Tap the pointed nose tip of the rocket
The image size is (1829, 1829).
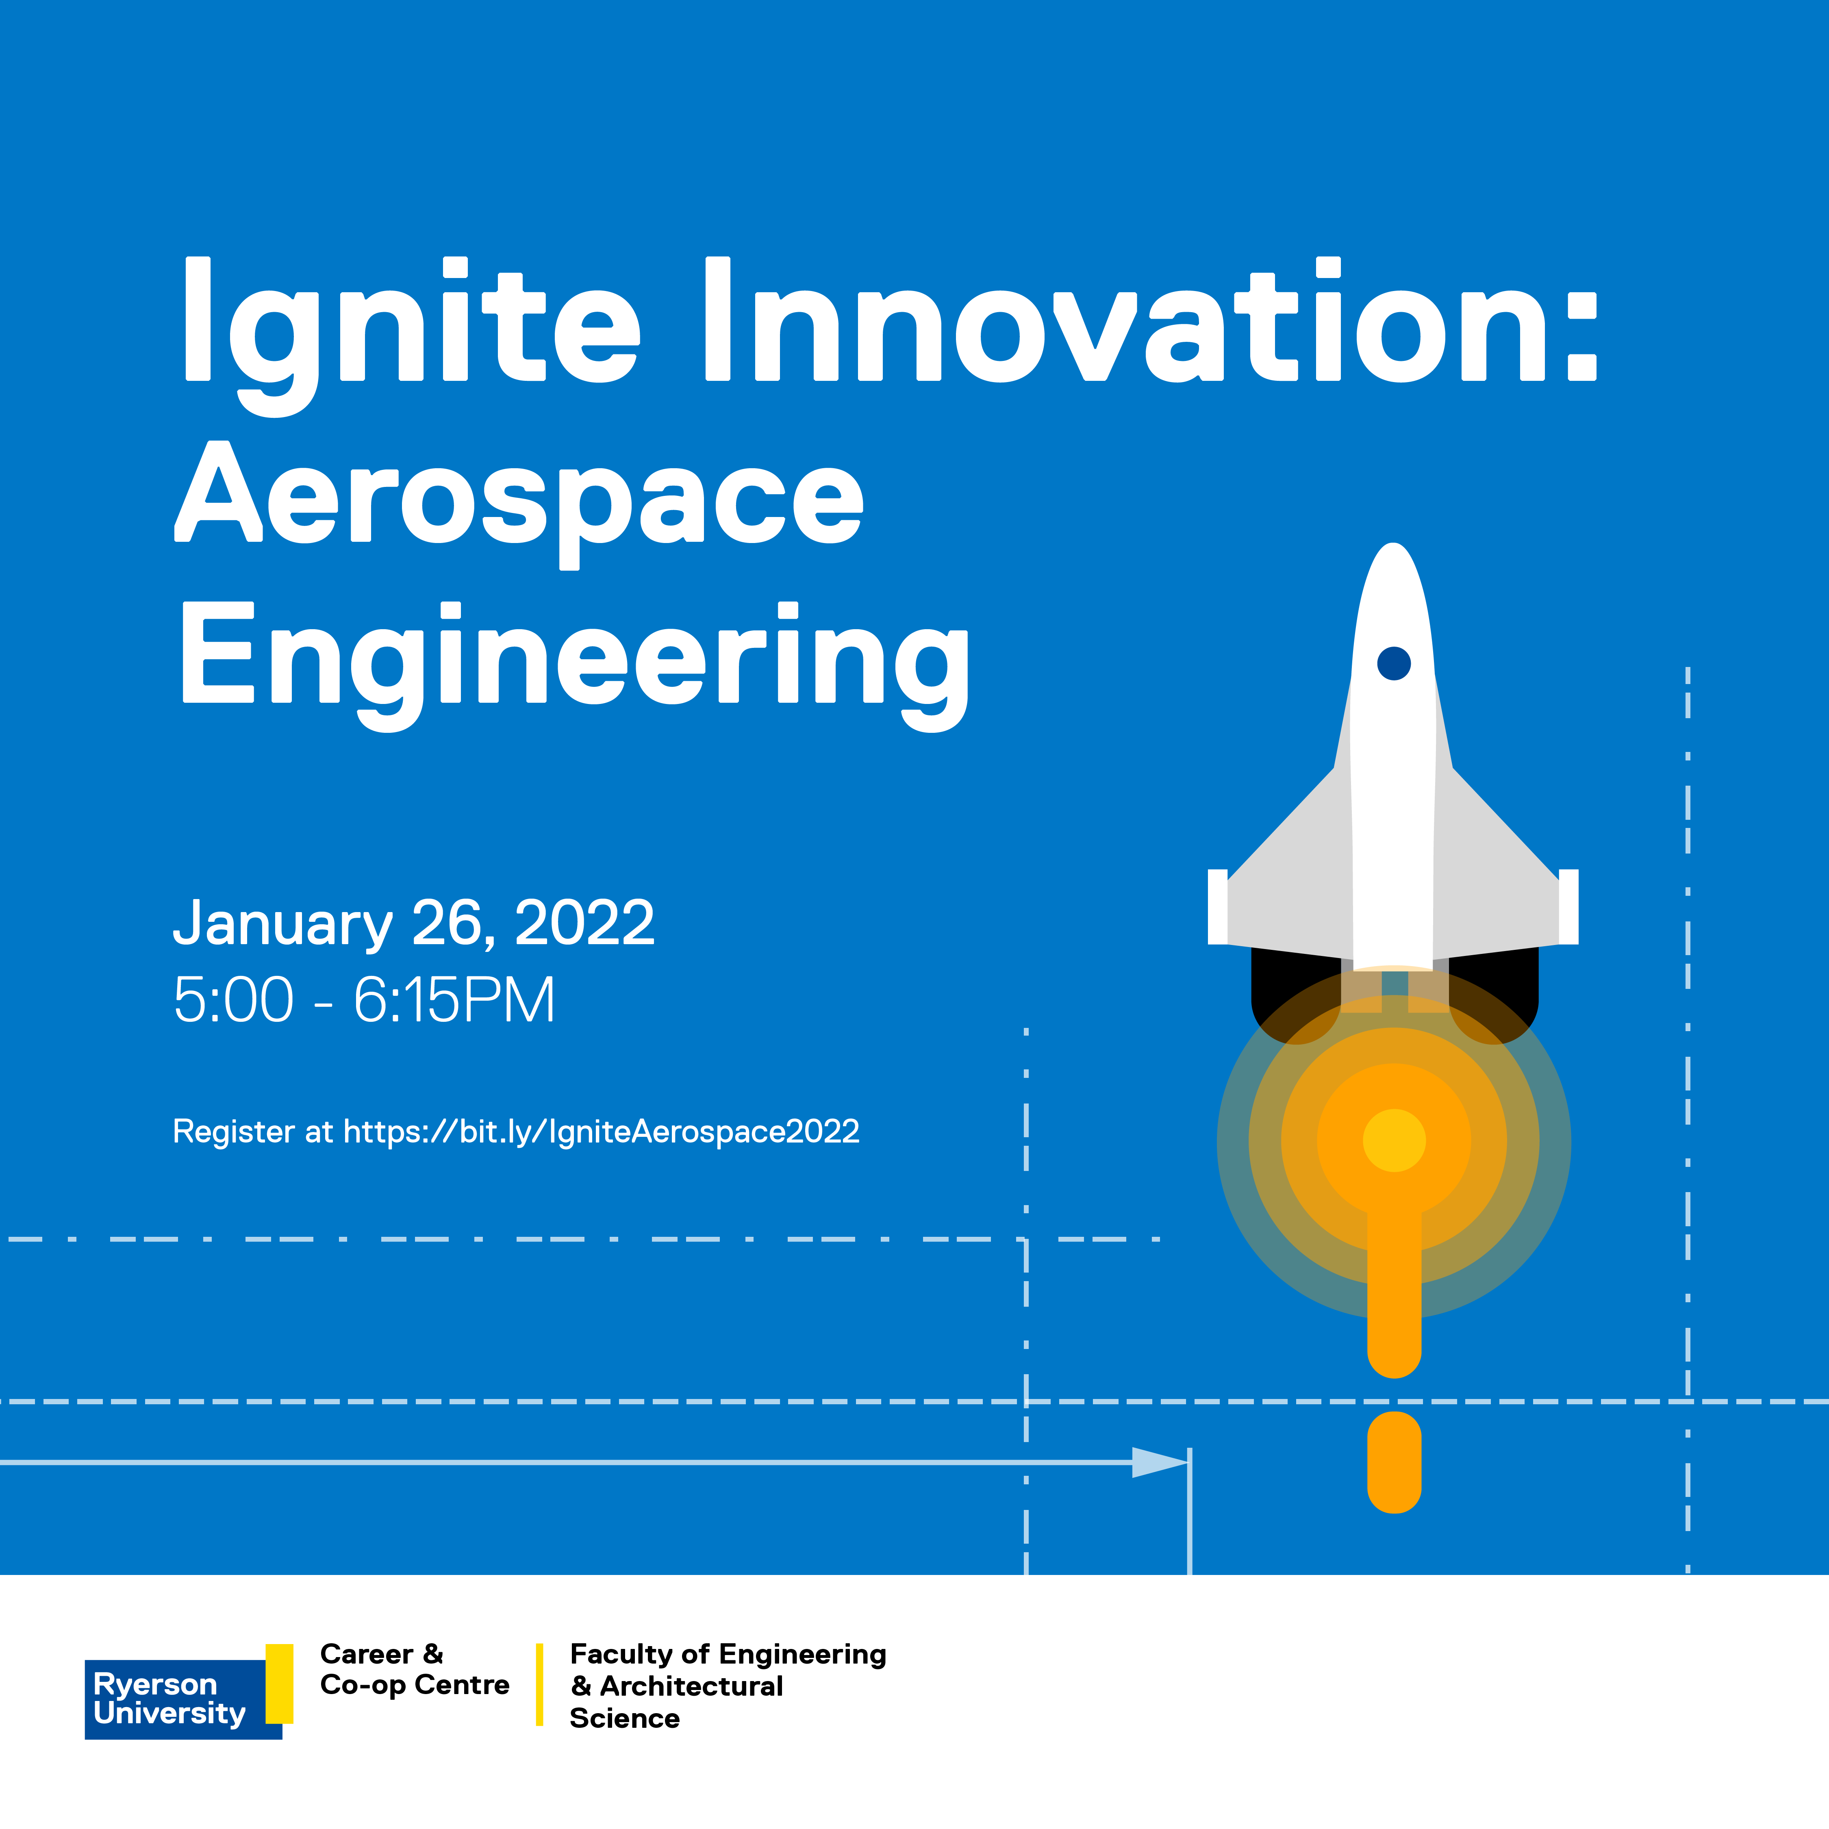tap(1394, 544)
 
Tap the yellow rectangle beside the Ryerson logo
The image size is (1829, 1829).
tap(279, 1683)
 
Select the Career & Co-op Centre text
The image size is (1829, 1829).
tap(415, 1670)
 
